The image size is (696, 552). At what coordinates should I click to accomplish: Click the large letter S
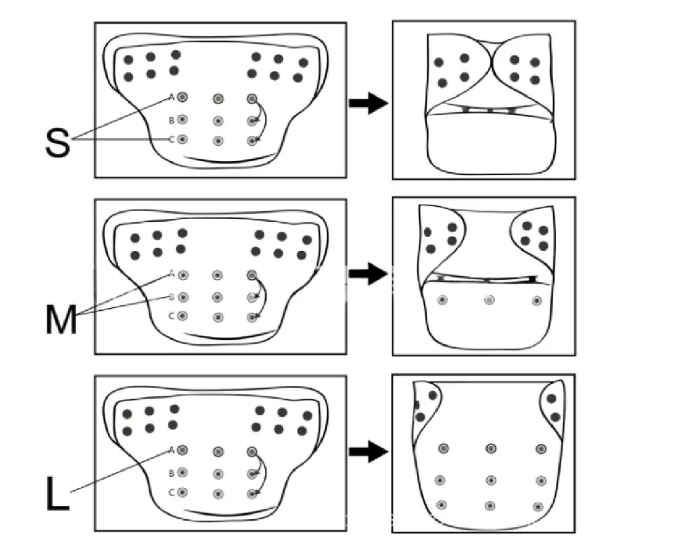(x=58, y=142)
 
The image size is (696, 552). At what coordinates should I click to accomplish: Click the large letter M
(x=61, y=319)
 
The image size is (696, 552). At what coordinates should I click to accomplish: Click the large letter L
(x=58, y=493)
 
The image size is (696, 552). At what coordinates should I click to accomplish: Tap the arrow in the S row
(x=368, y=103)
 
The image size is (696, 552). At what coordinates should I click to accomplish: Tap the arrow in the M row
(x=368, y=273)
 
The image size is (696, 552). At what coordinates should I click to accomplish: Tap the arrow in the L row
(x=368, y=452)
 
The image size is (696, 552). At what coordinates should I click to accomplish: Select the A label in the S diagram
(x=172, y=98)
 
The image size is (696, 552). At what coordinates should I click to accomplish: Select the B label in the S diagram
(x=171, y=121)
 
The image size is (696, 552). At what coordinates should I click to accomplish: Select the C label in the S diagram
(x=171, y=139)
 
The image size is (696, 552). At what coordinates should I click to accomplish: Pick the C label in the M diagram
(x=171, y=316)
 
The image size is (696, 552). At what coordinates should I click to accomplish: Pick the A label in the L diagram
(x=172, y=451)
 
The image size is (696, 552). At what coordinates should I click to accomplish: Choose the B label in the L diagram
(x=171, y=473)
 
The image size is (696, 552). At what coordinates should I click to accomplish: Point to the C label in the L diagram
(x=171, y=493)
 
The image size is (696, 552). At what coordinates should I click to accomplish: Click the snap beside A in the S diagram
(x=182, y=97)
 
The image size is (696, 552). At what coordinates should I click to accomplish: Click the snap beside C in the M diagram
(x=182, y=316)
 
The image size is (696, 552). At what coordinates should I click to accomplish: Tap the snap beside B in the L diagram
(x=182, y=472)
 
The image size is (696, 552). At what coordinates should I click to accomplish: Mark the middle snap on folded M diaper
(x=489, y=300)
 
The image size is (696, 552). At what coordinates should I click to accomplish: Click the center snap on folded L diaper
(x=491, y=480)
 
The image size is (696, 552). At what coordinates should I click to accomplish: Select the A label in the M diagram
(x=172, y=274)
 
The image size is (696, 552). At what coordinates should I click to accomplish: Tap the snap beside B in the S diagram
(x=182, y=119)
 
